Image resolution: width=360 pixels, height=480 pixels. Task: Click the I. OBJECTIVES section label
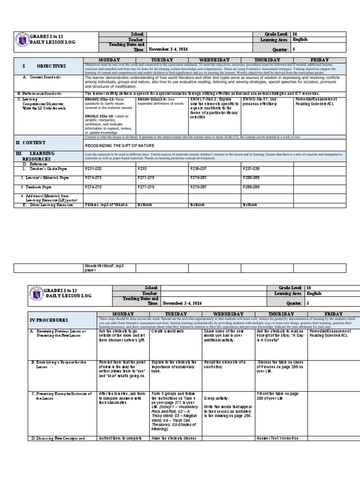tap(47, 66)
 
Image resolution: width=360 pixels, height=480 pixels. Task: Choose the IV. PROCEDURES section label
tap(48, 320)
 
